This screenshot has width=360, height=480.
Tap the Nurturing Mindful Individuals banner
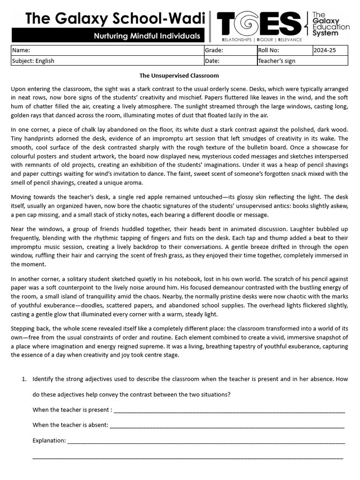(147, 36)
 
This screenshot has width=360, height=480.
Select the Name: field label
(21, 51)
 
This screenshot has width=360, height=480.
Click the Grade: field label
(214, 51)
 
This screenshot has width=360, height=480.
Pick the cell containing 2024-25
(324, 51)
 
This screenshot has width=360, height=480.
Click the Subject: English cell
(33, 60)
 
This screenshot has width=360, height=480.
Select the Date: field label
(212, 60)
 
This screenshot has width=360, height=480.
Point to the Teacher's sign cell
(277, 60)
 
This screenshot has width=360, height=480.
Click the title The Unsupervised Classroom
(180, 75)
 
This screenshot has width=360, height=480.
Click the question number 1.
(24, 379)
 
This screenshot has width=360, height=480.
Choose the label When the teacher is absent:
(70, 425)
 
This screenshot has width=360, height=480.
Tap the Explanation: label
(49, 440)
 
